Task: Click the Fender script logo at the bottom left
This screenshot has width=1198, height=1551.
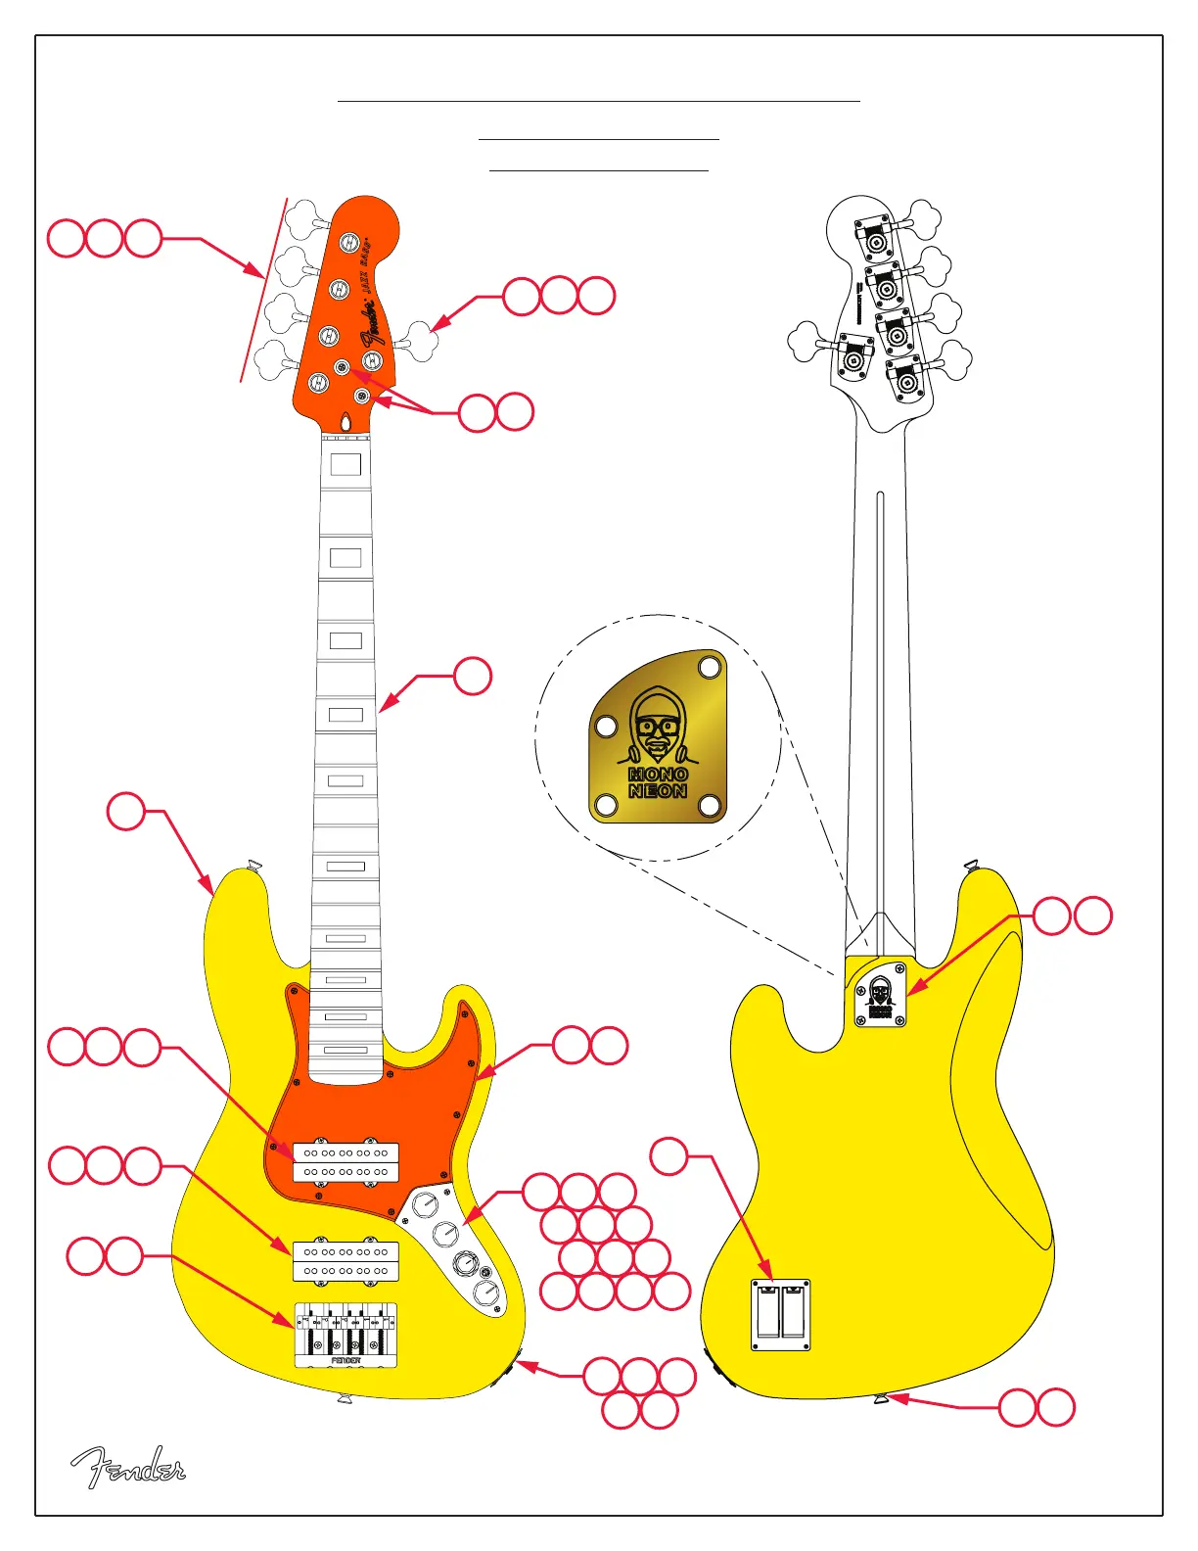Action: click(x=127, y=1467)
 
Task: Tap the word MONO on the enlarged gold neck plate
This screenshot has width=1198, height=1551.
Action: click(x=658, y=775)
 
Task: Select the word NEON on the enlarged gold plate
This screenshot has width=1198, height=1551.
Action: click(x=658, y=791)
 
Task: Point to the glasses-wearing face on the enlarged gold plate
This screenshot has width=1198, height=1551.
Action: click(x=657, y=727)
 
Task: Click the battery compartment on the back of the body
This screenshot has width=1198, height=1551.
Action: click(x=780, y=1314)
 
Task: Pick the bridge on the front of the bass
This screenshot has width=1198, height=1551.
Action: click(x=346, y=1335)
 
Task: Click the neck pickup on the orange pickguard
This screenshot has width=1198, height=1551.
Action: click(x=346, y=1162)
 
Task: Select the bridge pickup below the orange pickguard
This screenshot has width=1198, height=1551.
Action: click(x=346, y=1261)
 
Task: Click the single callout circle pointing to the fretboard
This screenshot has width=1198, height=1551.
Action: click(x=473, y=676)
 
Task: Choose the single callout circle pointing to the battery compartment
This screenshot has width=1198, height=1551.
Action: click(x=669, y=1156)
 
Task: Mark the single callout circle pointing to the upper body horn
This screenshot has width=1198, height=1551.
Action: click(x=126, y=812)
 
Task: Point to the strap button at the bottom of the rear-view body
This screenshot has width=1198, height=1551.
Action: click(x=881, y=1399)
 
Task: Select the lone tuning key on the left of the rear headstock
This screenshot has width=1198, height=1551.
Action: click(x=808, y=342)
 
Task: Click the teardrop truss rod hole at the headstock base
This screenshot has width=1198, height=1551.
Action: click(x=346, y=422)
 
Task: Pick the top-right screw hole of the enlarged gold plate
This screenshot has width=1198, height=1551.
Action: click(x=710, y=669)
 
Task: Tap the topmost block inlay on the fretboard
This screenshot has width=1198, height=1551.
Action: click(x=346, y=464)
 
